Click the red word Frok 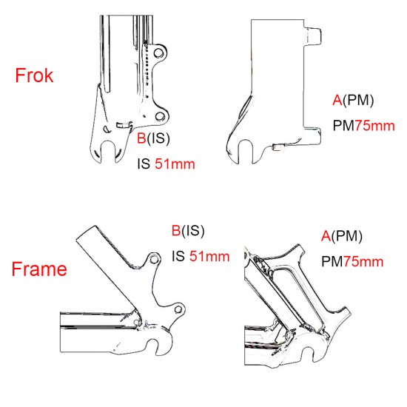tap(34, 75)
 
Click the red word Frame tap(39, 269)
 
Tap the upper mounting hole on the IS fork tap(158, 53)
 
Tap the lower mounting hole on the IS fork tap(160, 116)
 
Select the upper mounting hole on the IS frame tap(154, 259)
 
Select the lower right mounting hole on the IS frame tap(178, 309)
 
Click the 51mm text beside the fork tap(175, 164)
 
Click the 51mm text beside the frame tap(209, 257)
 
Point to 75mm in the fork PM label tap(374, 126)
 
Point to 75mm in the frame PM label tap(363, 261)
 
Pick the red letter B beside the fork tap(141, 138)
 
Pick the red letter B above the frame tap(176, 230)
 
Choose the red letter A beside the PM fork tap(337, 100)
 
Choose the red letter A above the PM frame tap(326, 235)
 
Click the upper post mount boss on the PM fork tap(313, 36)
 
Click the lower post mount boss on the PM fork tap(313, 135)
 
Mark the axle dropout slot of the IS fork tap(108, 152)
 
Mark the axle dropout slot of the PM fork tap(245, 152)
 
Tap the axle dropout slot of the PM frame tap(312, 354)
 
